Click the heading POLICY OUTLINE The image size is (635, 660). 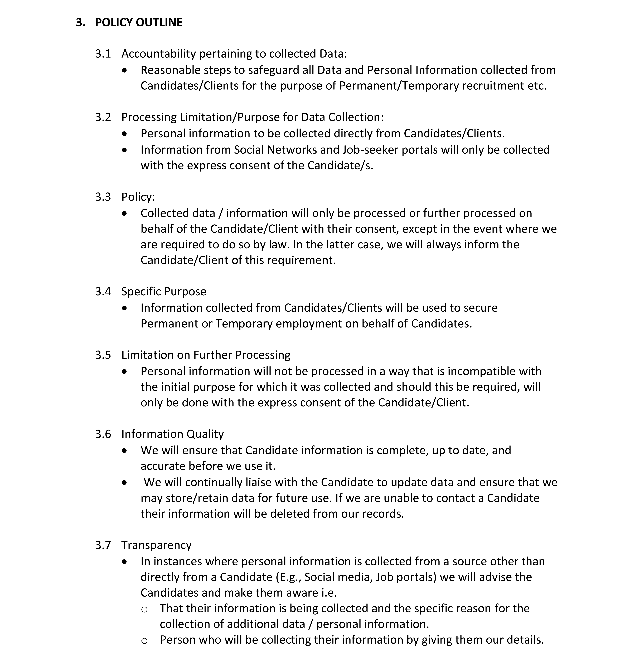point(139,22)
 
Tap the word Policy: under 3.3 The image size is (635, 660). point(138,197)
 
